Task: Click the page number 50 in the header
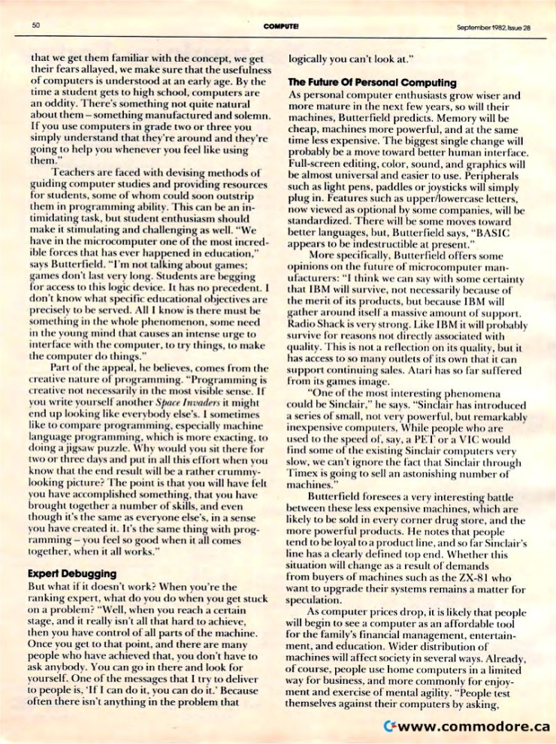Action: pyautogui.click(x=35, y=26)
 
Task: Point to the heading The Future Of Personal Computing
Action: pyautogui.click(x=372, y=82)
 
